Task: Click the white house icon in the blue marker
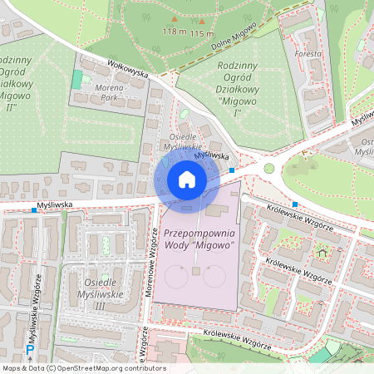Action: click(x=187, y=180)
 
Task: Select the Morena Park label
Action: click(x=110, y=91)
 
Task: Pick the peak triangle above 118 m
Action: click(x=175, y=21)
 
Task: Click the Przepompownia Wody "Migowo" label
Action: click(x=199, y=240)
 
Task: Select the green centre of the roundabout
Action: click(x=268, y=168)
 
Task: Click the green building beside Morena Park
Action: click(x=77, y=81)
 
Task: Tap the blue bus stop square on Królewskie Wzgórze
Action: click(x=295, y=204)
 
